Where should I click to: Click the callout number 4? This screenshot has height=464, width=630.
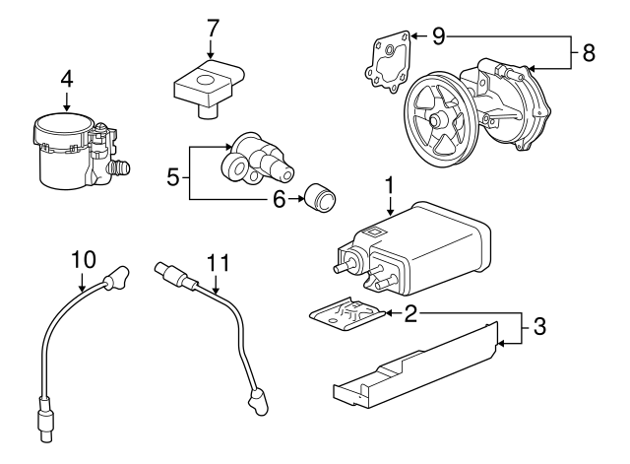click(x=67, y=76)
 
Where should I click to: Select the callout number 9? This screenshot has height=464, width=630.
click(x=438, y=36)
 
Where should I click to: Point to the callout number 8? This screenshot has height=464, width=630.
click(x=588, y=53)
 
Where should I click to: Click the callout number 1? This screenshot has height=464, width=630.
click(x=390, y=184)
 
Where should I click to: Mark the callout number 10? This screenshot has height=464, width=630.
click(x=83, y=260)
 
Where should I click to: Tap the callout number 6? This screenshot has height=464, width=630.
click(x=279, y=199)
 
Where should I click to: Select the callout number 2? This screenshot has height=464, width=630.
click(x=411, y=313)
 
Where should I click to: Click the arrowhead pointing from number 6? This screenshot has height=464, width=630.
click(x=299, y=199)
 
